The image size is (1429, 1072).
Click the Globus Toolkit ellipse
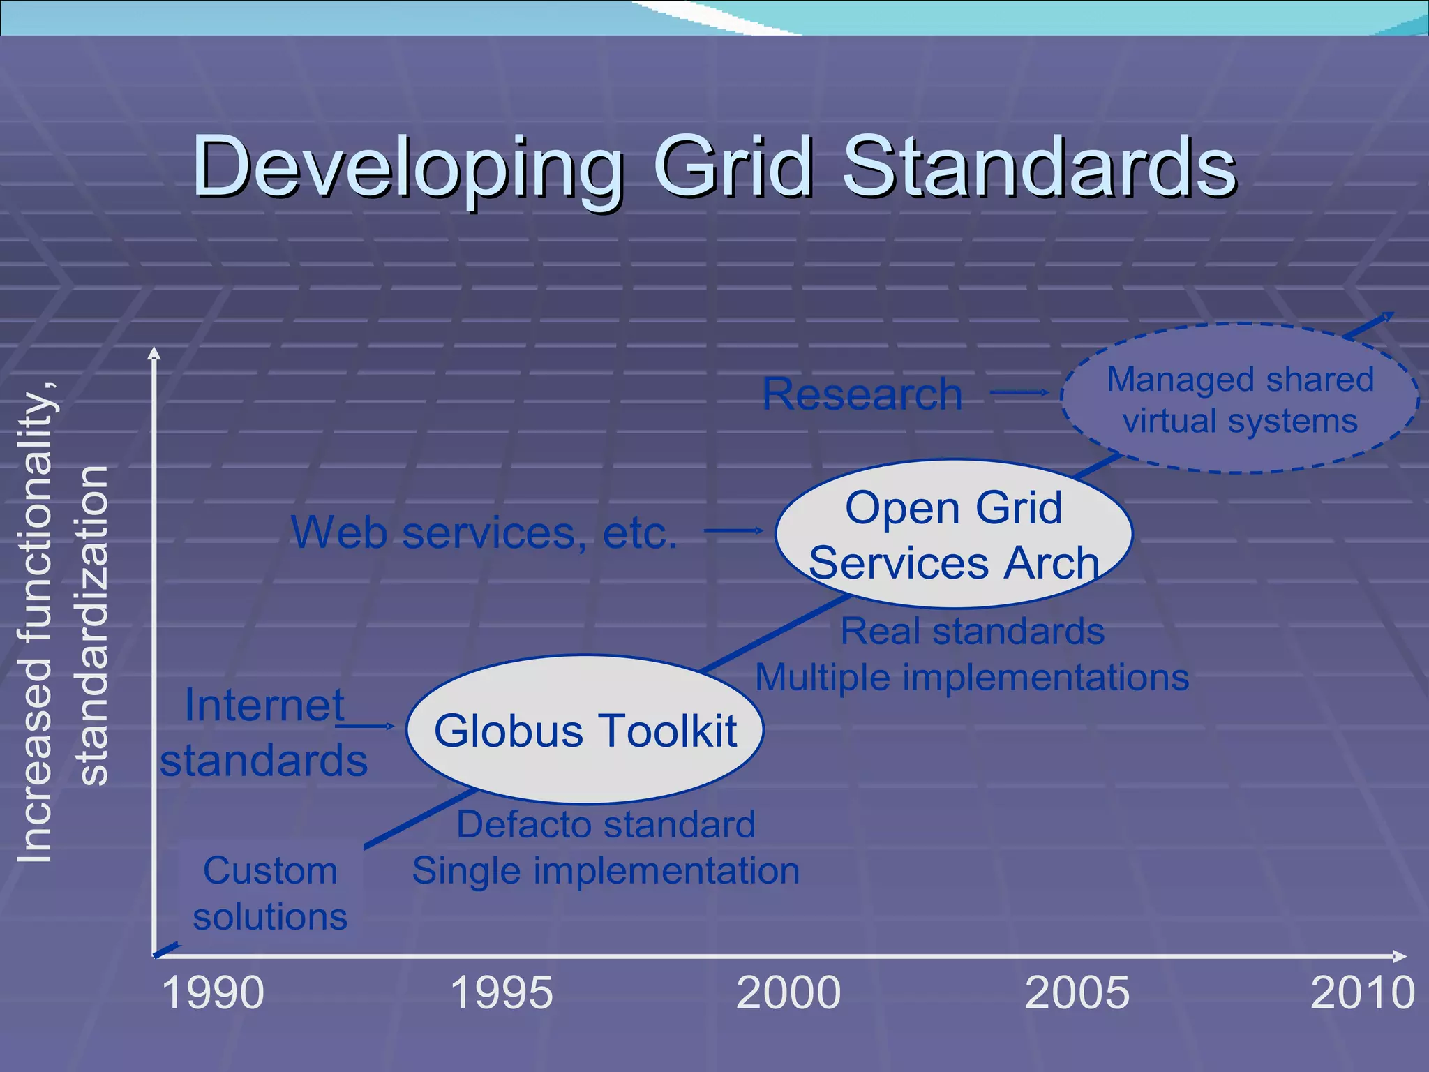585,730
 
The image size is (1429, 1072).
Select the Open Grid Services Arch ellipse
953,534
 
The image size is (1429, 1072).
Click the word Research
862,394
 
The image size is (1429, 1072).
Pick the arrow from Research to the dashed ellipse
1019,392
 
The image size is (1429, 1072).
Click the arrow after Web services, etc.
733,530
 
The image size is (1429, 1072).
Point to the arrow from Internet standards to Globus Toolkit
364,727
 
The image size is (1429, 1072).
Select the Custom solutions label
270,893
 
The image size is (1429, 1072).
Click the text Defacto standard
606,824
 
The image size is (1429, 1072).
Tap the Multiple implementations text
972,677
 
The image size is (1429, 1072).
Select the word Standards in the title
1040,167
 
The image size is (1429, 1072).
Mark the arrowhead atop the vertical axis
154,353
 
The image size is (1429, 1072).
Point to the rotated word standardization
92,625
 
